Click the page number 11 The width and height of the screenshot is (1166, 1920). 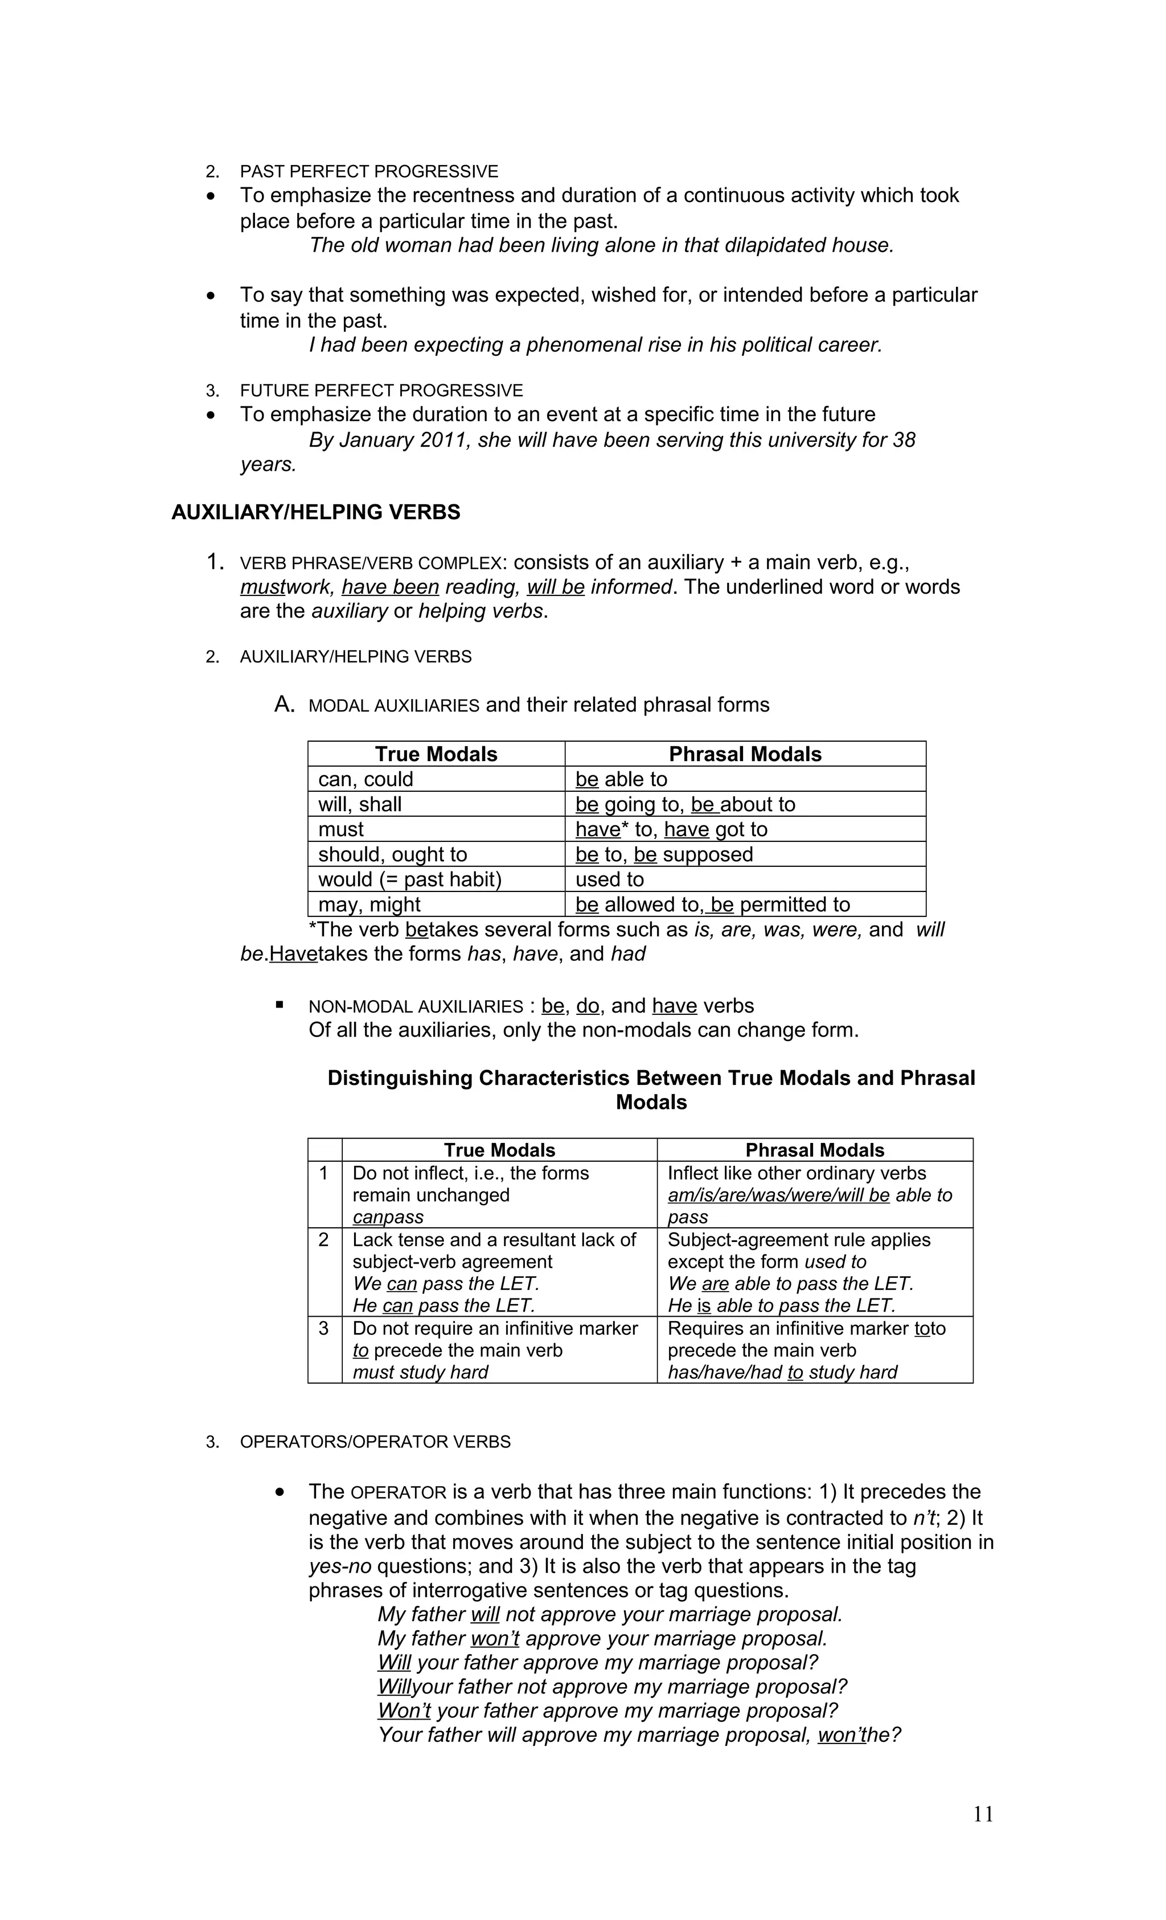coord(983,1814)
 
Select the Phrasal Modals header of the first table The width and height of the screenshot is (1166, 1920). coord(745,754)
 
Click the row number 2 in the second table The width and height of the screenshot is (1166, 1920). coord(324,1240)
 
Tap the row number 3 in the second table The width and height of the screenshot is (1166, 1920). coord(324,1329)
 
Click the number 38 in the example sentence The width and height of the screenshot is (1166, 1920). coord(904,440)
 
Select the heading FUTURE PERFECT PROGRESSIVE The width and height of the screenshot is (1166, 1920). coord(381,390)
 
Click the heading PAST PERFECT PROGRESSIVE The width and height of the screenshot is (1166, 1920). coord(369,171)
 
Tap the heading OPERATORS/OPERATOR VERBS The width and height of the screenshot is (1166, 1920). coord(375,1441)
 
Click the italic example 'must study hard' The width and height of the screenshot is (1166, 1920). coord(420,1372)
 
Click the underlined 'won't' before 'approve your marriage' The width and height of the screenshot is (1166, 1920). coord(495,1638)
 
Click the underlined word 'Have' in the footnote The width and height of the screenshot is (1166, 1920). coord(293,954)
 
